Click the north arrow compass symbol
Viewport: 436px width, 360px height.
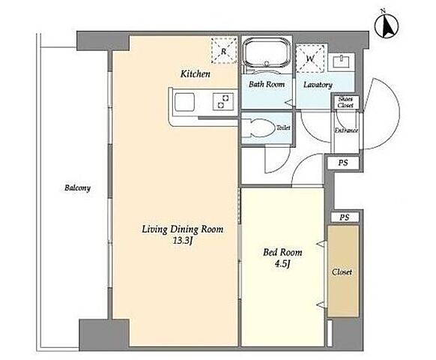click(387, 25)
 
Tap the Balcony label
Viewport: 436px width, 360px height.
click(77, 188)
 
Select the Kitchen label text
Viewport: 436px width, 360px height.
click(196, 73)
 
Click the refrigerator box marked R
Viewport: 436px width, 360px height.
click(224, 51)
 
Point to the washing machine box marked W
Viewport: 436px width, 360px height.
click(310, 58)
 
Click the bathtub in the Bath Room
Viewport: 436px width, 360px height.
click(267, 53)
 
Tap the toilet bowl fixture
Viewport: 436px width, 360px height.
click(257, 127)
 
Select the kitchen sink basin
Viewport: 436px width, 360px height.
click(184, 102)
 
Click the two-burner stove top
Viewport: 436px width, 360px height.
click(223, 101)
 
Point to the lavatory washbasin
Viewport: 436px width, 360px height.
click(341, 61)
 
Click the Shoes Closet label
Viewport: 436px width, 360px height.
click(345, 102)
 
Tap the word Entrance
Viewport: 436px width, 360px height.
click(346, 130)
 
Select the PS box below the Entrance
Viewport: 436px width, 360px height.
click(343, 163)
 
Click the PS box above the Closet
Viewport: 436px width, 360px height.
click(345, 217)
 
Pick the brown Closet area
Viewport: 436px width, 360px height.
click(343, 271)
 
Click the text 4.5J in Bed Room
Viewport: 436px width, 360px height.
click(282, 264)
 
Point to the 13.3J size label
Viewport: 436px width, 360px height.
click(183, 241)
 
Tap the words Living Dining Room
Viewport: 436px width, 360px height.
click(183, 229)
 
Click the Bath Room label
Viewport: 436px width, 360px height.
click(267, 84)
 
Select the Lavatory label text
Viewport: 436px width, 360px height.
click(318, 85)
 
